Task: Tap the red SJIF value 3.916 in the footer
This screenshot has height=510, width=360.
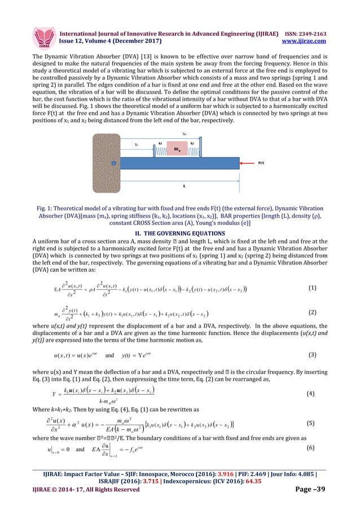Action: coord(219,476)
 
